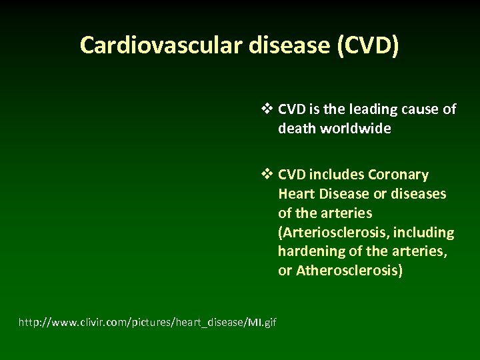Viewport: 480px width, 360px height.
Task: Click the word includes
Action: click(339, 175)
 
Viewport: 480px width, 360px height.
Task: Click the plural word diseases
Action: click(421, 195)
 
